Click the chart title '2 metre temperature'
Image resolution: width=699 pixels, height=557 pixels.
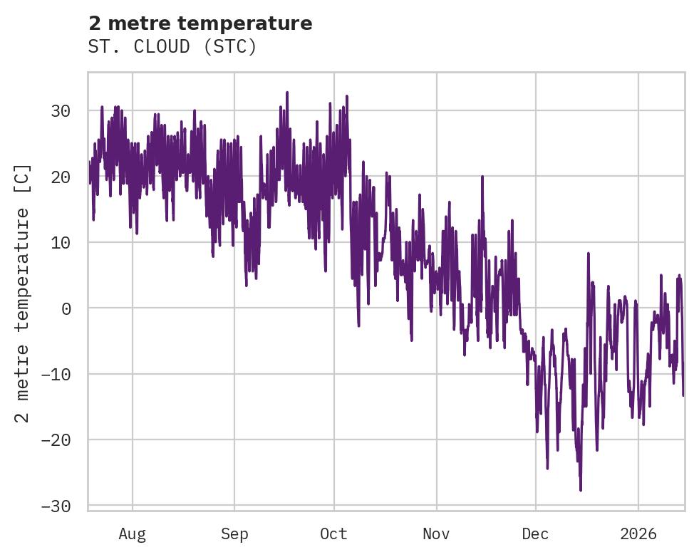(200, 24)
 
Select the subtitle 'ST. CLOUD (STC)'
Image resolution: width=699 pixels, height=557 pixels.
(172, 47)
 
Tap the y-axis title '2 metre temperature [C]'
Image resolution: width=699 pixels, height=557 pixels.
(23, 293)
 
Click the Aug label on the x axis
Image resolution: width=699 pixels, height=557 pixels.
(133, 533)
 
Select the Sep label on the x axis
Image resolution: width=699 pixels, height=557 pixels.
(234, 533)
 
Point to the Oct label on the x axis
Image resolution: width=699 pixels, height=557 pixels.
(333, 533)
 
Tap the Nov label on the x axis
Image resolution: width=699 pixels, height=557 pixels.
(436, 533)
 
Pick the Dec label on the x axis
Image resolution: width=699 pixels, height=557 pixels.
(535, 533)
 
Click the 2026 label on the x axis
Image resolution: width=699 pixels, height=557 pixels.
(638, 533)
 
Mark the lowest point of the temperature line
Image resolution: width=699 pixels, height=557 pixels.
(581, 490)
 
